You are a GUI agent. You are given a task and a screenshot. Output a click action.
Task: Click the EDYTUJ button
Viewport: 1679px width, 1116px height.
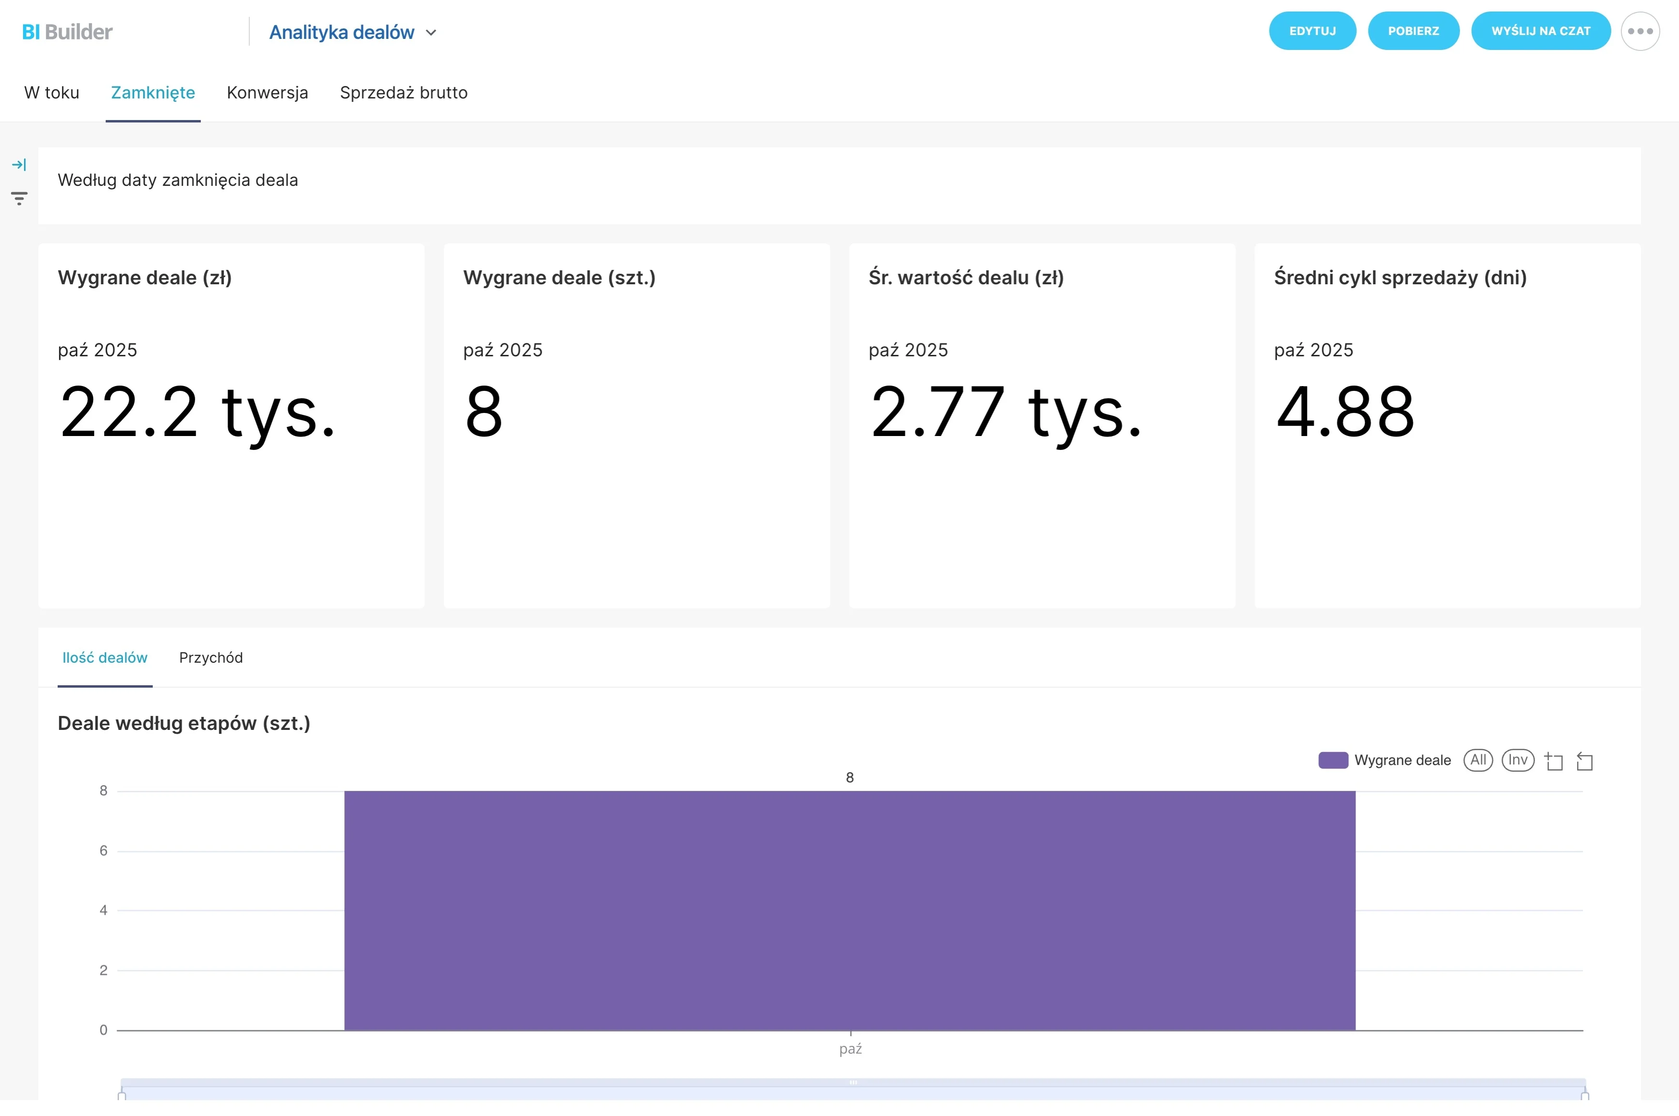coord(1312,31)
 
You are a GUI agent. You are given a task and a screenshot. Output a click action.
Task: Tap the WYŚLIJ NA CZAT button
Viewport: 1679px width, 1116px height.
coord(1540,31)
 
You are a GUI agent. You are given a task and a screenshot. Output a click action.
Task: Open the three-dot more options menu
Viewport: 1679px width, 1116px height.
coord(1640,31)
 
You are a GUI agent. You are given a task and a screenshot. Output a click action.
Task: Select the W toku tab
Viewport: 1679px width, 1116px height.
coord(52,93)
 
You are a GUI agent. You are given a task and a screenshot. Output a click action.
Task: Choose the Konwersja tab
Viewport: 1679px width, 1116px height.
coord(267,93)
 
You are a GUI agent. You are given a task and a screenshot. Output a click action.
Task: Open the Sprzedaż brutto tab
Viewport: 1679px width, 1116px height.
coord(403,93)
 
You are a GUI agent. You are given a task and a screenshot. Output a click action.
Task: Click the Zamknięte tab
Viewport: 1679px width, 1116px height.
coord(153,93)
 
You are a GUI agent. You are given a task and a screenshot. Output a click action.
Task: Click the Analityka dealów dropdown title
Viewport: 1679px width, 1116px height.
coord(353,32)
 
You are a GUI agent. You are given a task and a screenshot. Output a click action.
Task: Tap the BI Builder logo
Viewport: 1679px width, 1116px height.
coord(68,31)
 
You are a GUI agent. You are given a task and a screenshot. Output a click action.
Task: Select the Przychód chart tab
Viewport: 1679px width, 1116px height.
coord(211,658)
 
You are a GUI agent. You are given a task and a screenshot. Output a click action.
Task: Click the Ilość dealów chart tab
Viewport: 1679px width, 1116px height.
coord(105,658)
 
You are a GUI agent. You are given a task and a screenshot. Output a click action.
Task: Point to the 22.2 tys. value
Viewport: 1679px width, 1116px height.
coord(197,413)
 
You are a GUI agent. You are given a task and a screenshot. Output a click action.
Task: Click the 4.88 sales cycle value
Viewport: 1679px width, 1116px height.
coord(1344,412)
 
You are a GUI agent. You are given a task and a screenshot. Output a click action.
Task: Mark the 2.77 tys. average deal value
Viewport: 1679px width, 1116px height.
coord(1005,413)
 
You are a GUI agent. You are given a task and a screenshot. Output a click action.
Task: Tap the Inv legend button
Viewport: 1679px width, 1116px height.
coord(1518,760)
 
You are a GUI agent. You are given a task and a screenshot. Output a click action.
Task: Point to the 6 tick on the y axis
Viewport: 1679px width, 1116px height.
coord(104,850)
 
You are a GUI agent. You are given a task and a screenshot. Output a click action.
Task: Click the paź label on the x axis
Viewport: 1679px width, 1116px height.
coord(851,1049)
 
